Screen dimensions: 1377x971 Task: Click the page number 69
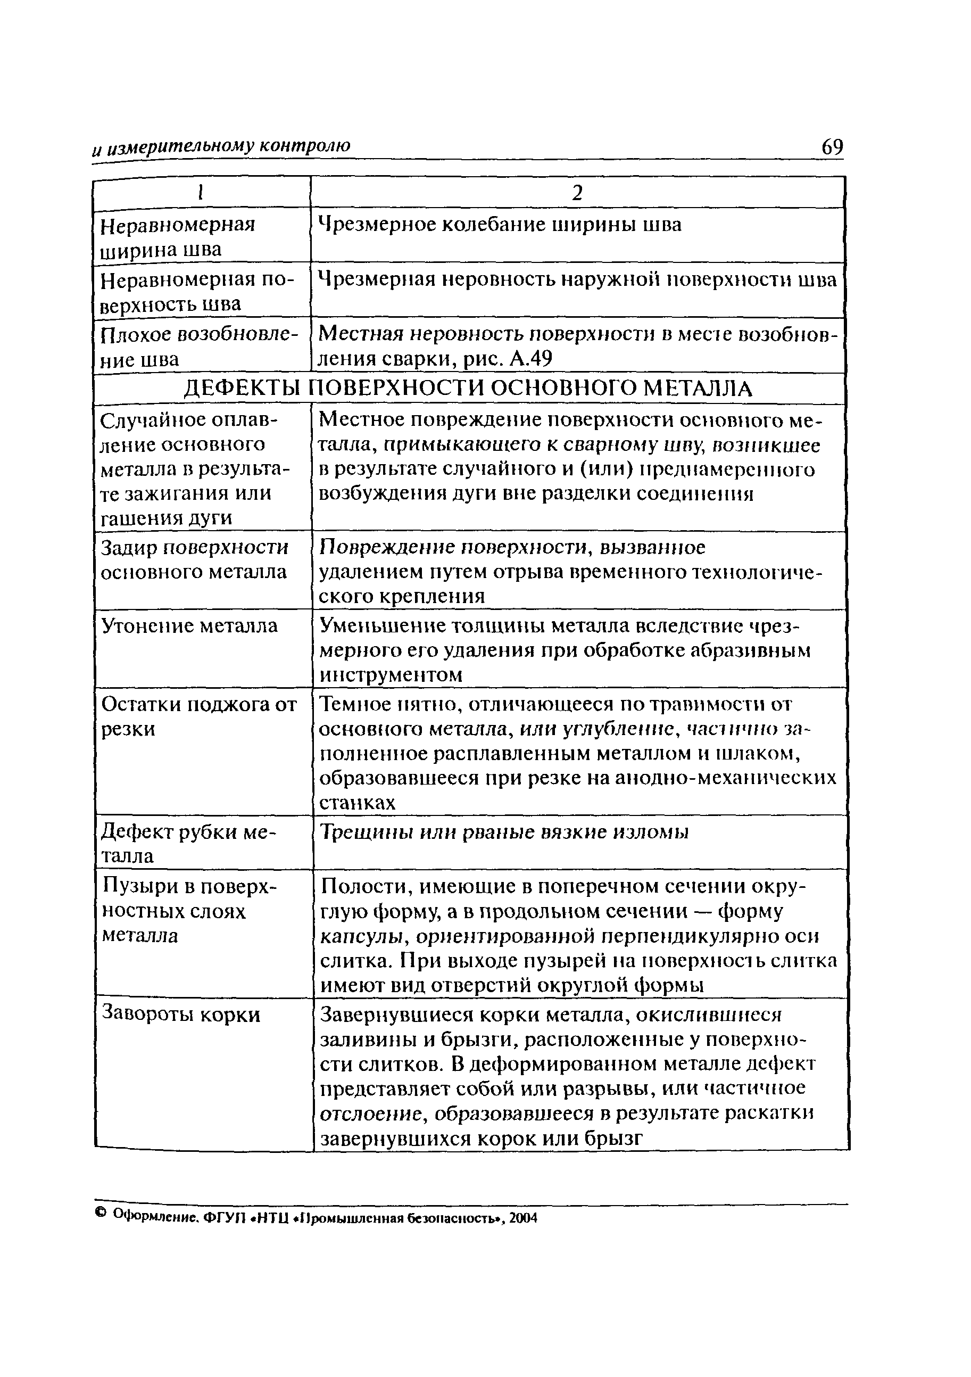832,147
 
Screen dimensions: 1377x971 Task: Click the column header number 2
577,193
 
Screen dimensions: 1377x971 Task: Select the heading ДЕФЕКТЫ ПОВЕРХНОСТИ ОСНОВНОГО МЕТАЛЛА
468,389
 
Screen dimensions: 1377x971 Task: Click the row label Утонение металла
189,626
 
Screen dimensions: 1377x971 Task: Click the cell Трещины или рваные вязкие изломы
504,832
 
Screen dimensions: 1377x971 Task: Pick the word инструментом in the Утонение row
391,675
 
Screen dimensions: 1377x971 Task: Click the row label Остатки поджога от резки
198,716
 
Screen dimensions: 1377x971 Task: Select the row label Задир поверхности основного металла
194,560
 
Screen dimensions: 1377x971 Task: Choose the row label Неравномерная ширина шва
177,237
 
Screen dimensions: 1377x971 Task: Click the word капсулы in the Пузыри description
364,936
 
